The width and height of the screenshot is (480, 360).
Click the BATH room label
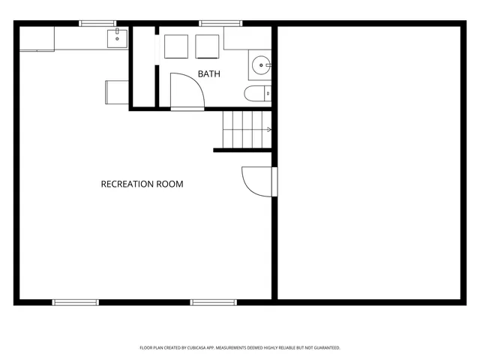click(209, 73)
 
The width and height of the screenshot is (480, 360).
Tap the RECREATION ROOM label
click(142, 184)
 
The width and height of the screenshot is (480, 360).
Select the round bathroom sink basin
click(261, 64)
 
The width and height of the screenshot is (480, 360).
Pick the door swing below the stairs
click(257, 181)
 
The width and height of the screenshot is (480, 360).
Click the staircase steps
click(246, 129)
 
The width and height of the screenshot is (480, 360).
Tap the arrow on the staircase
click(268, 130)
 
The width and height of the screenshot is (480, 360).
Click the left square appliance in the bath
click(177, 46)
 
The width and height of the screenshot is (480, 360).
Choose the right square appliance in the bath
click(207, 46)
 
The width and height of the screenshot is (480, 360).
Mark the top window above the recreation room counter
click(97, 23)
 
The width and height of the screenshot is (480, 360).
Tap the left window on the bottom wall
click(75, 302)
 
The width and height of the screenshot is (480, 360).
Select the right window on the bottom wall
click(213, 302)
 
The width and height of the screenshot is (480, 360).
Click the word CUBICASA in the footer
click(204, 348)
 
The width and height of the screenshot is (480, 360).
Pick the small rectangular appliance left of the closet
click(117, 91)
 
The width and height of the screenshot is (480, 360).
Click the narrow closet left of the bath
click(142, 67)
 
